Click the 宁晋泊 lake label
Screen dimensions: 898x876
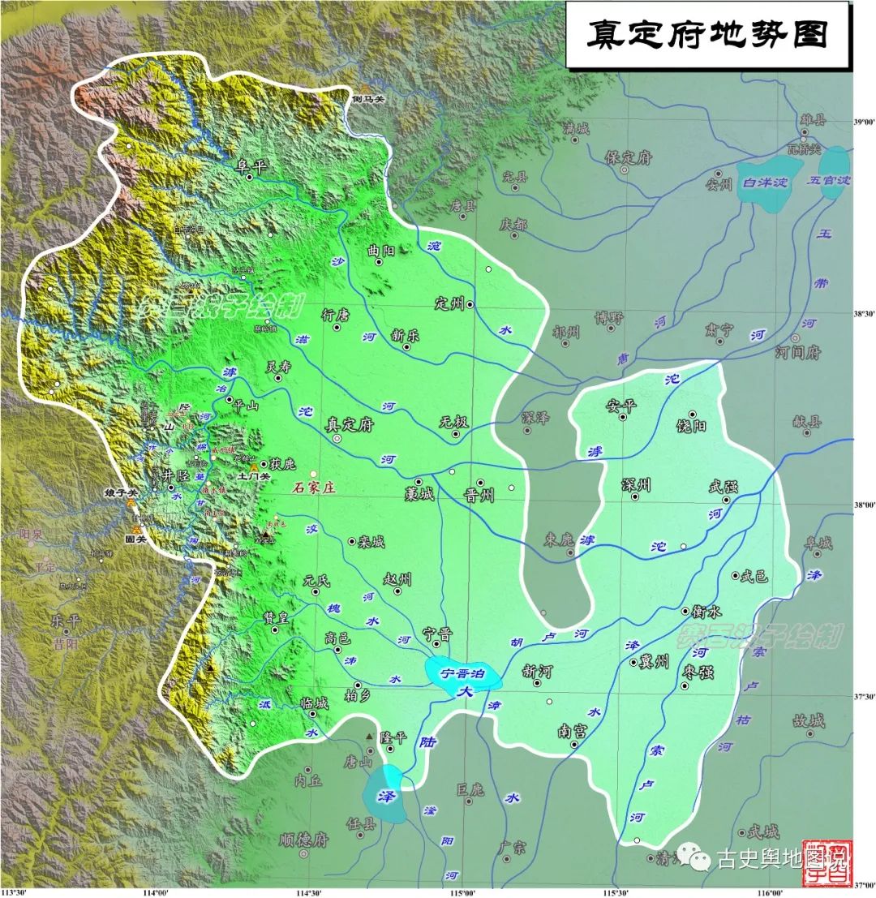coord(462,672)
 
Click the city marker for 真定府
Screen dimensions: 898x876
coord(337,438)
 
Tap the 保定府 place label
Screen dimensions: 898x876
coord(629,157)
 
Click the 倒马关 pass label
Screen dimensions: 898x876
coord(367,99)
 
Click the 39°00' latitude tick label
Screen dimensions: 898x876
coord(860,122)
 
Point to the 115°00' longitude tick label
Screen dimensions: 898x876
coord(462,892)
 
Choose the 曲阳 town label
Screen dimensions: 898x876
coord(380,251)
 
